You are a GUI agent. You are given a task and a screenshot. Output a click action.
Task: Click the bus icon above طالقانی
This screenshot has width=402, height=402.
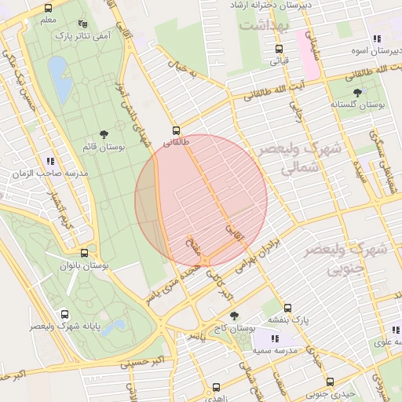coord(175,131)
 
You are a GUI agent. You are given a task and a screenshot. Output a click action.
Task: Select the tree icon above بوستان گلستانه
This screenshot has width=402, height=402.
coord(357,93)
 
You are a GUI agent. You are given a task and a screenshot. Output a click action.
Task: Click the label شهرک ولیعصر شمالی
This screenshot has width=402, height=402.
coord(294,158)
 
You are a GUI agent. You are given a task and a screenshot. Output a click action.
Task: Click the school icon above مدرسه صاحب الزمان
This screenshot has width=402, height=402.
coord(50,161)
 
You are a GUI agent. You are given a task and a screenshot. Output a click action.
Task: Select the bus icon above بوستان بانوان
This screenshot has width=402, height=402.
coord(84,254)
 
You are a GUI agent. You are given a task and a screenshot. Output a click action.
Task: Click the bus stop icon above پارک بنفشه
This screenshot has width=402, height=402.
coord(287,309)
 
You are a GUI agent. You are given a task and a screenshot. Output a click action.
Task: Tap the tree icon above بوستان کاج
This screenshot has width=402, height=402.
coord(234,315)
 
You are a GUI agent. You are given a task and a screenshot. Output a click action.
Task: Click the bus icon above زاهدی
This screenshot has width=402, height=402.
coord(217,387)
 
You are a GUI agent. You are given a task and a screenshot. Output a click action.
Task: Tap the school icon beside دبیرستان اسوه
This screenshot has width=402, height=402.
coord(377,38)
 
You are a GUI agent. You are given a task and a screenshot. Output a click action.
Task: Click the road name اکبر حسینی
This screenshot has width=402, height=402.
coord(141,363)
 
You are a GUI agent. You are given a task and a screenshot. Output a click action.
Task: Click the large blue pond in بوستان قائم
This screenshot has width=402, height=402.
coord(58,79)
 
